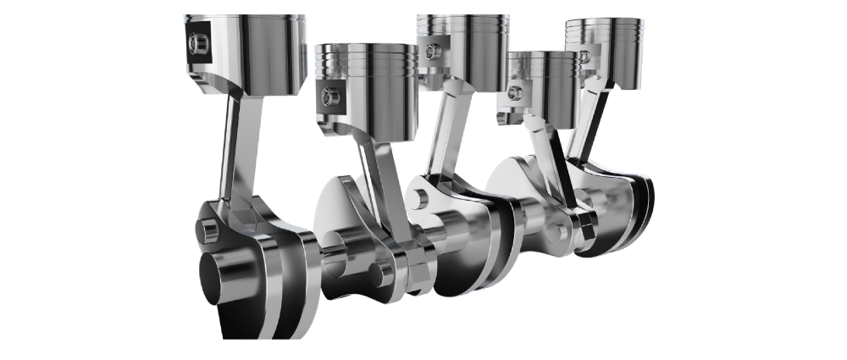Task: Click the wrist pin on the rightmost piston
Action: (584, 57)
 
